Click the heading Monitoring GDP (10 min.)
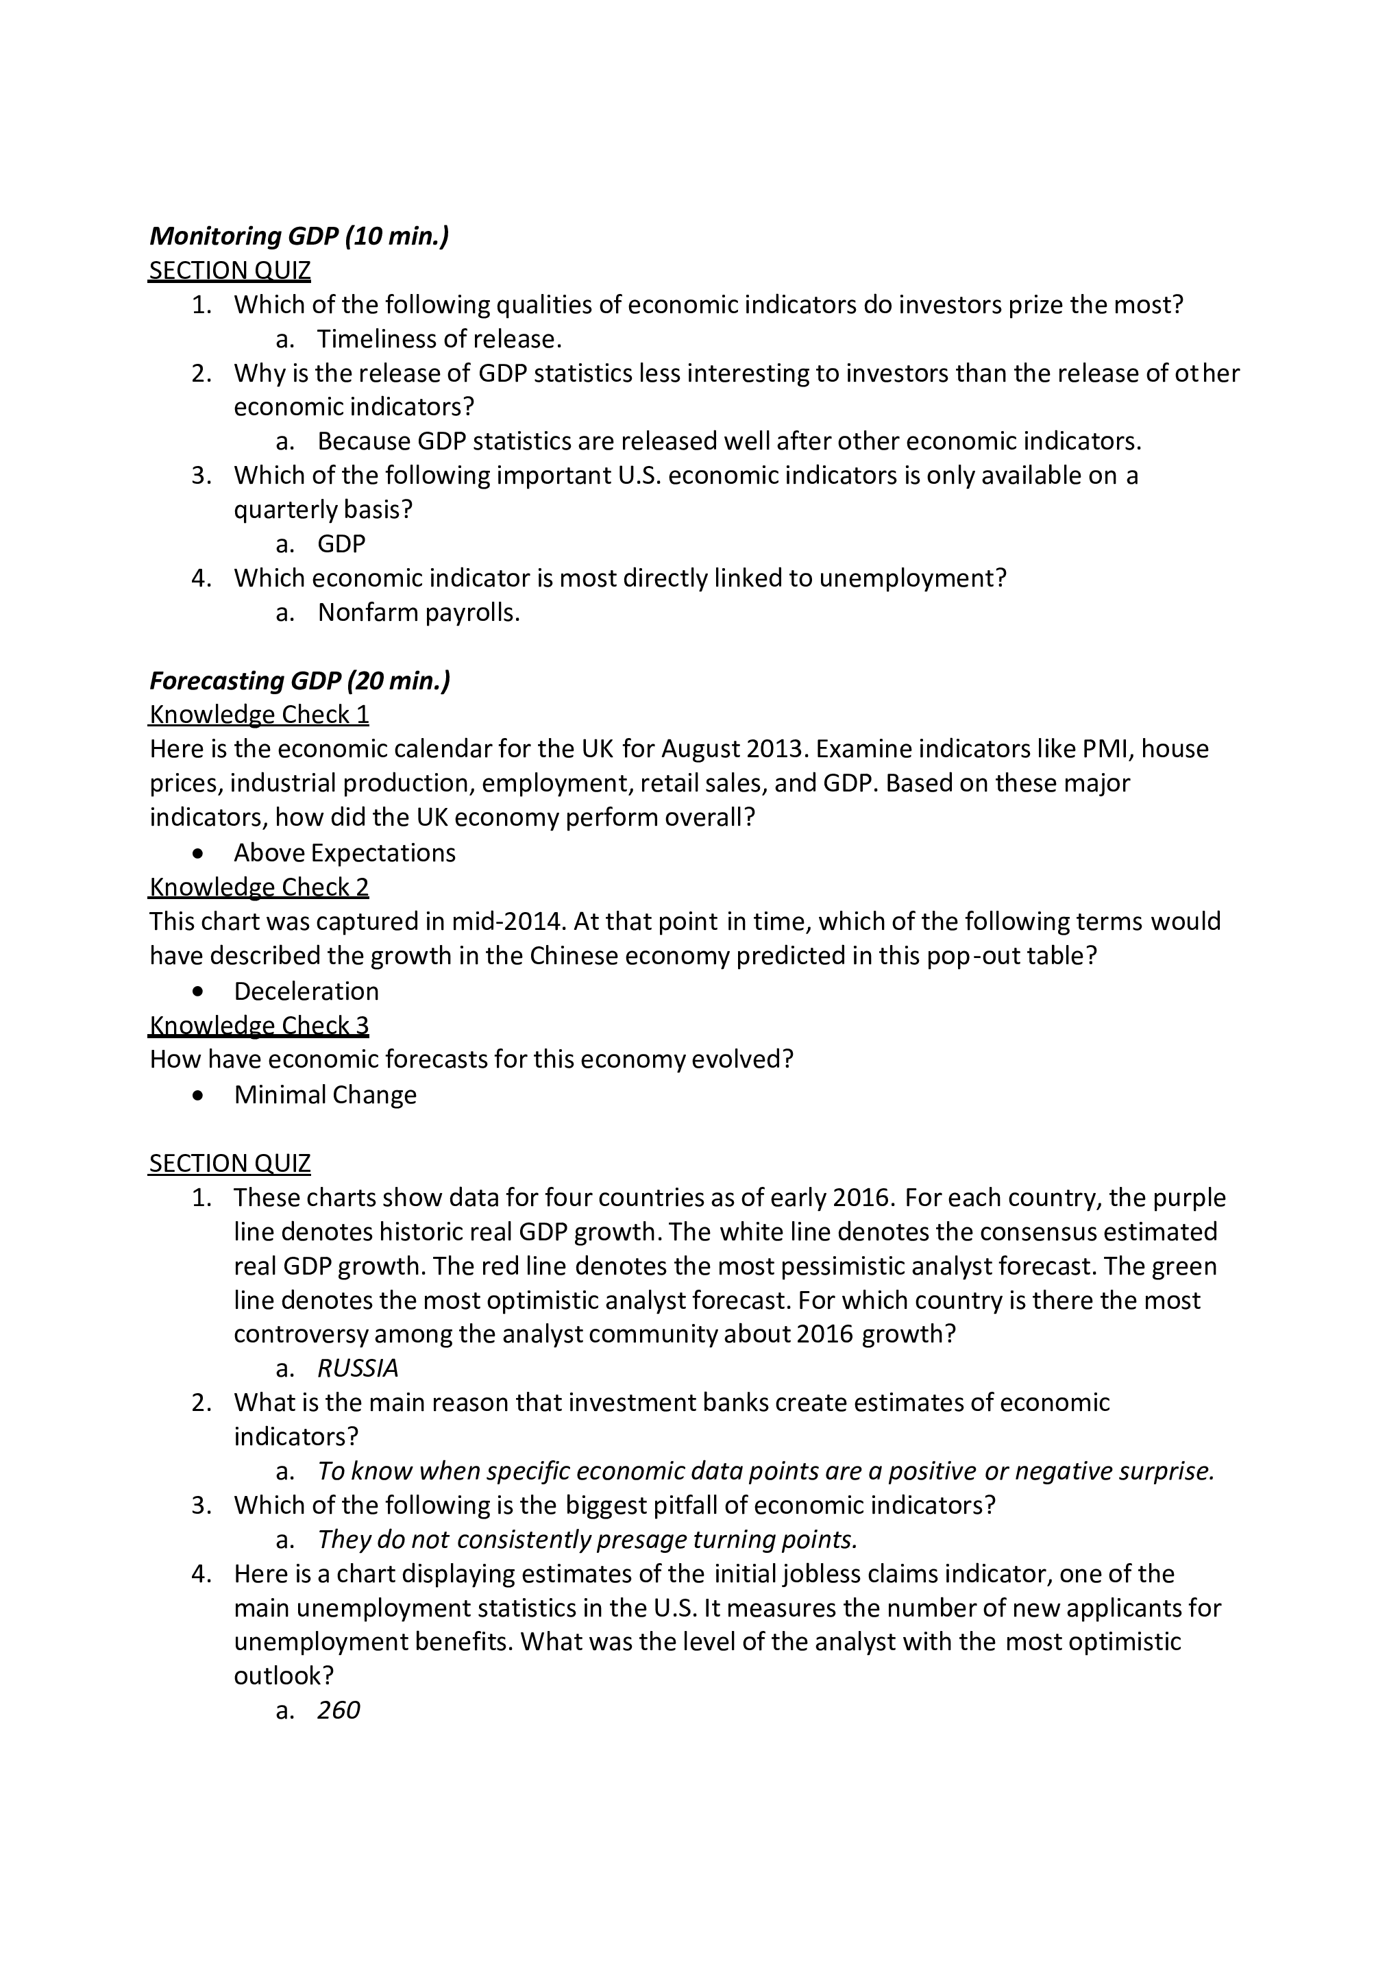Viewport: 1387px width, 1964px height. click(299, 236)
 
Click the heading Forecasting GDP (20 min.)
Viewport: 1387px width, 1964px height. click(299, 681)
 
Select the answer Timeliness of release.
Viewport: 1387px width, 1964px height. click(439, 340)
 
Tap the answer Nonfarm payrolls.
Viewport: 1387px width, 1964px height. click(419, 613)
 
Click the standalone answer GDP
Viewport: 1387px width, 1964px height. click(341, 544)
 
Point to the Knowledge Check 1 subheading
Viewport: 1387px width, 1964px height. click(259, 715)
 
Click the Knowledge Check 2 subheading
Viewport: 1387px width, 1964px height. click(259, 887)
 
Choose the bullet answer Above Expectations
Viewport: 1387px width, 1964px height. click(344, 853)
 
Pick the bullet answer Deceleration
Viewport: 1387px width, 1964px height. click(306, 992)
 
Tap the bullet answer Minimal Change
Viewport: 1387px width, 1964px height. click(325, 1095)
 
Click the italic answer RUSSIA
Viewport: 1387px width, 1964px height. click(358, 1368)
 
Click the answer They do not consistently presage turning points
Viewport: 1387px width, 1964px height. click(587, 1540)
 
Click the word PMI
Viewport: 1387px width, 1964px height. click(1106, 749)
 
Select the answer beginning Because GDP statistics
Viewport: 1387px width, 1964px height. click(729, 441)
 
